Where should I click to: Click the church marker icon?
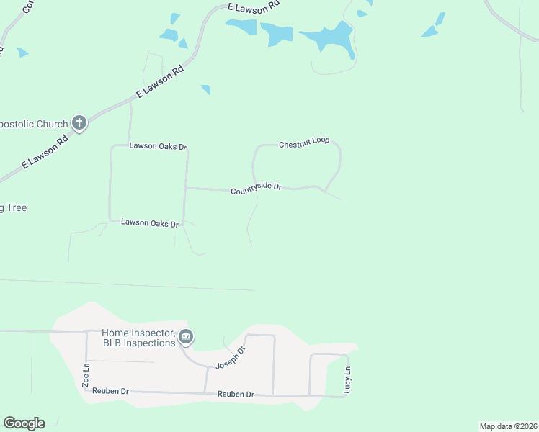(x=79, y=123)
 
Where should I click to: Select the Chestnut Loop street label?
(x=304, y=140)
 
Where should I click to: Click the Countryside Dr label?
(x=256, y=189)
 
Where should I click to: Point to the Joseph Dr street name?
(x=231, y=358)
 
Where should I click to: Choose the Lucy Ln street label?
(x=347, y=379)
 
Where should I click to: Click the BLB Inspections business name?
(x=139, y=343)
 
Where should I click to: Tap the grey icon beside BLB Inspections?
(x=186, y=336)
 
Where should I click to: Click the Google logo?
(x=24, y=423)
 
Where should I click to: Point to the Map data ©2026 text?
(x=508, y=426)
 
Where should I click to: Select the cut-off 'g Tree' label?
(x=13, y=208)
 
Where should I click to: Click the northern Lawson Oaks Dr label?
(x=158, y=146)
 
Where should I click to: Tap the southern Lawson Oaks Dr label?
(x=149, y=223)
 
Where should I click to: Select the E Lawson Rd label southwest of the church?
(x=45, y=152)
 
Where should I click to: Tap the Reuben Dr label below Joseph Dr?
(x=236, y=395)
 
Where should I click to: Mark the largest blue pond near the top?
(x=329, y=37)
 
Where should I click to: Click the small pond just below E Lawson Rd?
(x=206, y=89)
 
